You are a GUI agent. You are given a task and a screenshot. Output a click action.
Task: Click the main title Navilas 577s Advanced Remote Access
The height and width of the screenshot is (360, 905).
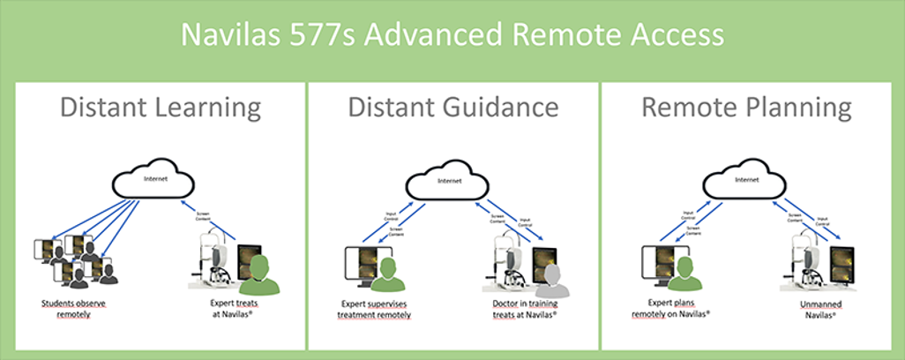(452, 36)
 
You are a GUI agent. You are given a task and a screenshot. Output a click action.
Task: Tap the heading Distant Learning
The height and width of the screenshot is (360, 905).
(160, 108)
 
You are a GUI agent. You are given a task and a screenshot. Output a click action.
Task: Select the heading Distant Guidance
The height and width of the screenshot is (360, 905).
(452, 108)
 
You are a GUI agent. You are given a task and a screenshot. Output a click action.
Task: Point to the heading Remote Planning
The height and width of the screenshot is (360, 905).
(745, 108)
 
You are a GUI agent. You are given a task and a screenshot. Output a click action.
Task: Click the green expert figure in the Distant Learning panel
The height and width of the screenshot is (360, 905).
(258, 276)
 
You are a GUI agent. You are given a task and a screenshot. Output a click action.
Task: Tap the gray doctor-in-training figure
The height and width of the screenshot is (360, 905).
(553, 280)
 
